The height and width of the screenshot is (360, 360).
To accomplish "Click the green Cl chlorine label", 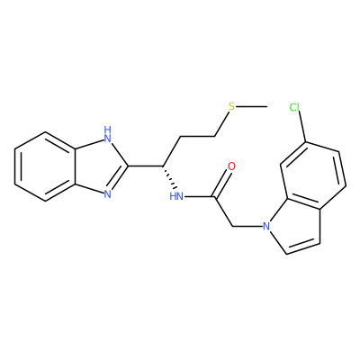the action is click(x=295, y=107).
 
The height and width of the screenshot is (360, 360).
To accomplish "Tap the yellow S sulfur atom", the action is click(x=231, y=106).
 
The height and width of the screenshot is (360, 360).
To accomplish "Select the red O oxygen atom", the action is click(x=231, y=166).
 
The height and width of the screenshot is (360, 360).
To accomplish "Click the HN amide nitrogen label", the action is click(x=176, y=196).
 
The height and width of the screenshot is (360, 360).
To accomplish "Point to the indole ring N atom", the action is click(x=265, y=226).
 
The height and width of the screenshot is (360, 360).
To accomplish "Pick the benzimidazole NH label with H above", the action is click(x=107, y=134).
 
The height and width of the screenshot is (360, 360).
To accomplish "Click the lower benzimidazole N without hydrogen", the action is click(x=107, y=194).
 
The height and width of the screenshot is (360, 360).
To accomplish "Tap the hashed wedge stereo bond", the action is click(x=168, y=177).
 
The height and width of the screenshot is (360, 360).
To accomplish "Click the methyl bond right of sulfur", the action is click(x=251, y=106).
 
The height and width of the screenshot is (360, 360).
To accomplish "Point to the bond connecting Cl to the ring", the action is click(x=301, y=128).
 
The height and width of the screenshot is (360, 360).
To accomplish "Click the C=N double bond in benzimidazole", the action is click(x=118, y=179).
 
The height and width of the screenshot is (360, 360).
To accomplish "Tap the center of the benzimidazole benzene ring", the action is click(x=45, y=166).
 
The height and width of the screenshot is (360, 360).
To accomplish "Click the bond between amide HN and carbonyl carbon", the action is click(x=199, y=197).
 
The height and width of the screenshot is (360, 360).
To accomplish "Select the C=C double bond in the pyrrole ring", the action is click(x=303, y=247).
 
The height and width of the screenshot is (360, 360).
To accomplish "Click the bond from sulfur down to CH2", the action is click(x=222, y=124).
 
